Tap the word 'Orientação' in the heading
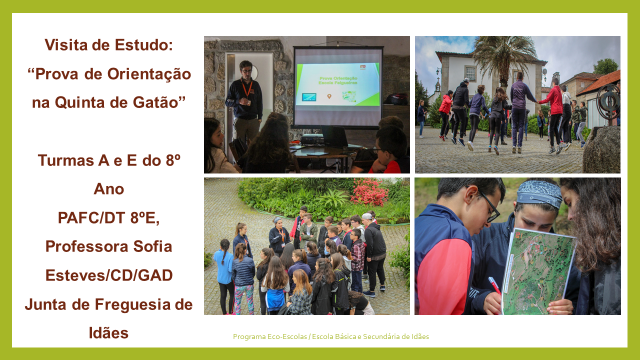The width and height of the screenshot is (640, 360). [141, 73]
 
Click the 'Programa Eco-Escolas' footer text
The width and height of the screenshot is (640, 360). [267, 337]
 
